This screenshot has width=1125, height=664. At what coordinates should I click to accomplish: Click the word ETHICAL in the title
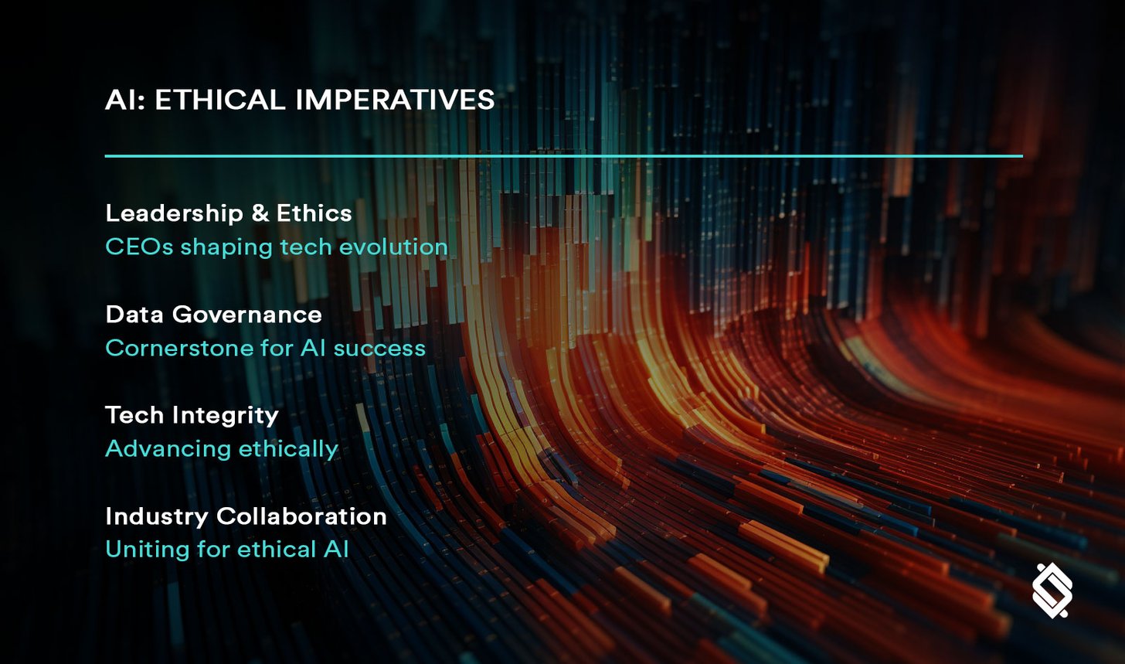(x=219, y=100)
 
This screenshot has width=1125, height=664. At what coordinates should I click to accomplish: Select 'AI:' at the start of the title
(x=125, y=100)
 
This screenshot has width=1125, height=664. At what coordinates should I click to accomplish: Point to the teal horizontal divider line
(x=563, y=156)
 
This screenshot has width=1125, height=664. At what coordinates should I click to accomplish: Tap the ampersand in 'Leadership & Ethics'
(x=259, y=213)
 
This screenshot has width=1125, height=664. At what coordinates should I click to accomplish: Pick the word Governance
(x=246, y=315)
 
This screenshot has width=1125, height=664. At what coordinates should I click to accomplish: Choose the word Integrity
(x=225, y=416)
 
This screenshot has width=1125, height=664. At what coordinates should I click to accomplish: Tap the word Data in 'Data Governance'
(x=134, y=315)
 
